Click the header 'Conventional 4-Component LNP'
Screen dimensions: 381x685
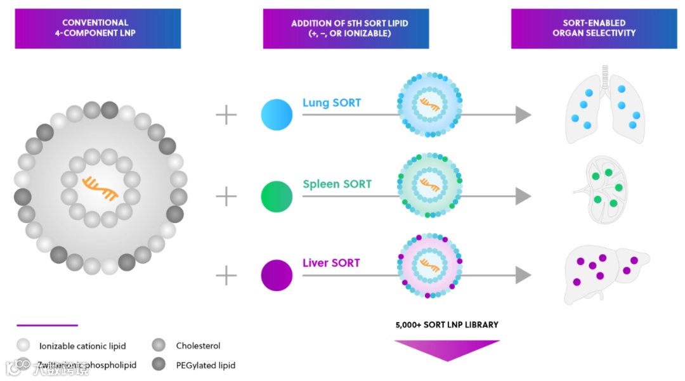(x=98, y=28)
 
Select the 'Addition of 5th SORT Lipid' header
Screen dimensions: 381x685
(x=346, y=28)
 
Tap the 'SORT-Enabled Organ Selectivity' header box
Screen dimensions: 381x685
(x=594, y=28)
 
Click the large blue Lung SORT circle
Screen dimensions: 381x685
(x=277, y=115)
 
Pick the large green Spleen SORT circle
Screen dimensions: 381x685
(x=277, y=197)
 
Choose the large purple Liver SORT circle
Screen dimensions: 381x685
(x=277, y=276)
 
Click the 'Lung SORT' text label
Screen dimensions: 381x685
(x=332, y=103)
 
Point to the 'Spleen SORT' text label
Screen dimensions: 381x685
(x=337, y=184)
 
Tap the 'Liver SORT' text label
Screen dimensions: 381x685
(x=331, y=262)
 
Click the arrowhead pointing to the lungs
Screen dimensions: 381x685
(x=523, y=115)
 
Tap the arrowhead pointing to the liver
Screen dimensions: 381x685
(x=523, y=275)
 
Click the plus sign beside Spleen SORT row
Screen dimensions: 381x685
(x=226, y=197)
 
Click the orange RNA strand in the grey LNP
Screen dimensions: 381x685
(x=100, y=188)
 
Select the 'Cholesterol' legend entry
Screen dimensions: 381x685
(x=198, y=346)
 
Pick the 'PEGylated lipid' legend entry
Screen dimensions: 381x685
(x=205, y=365)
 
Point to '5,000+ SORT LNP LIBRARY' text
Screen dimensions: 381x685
(x=447, y=325)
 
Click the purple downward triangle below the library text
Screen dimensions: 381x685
(x=447, y=350)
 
